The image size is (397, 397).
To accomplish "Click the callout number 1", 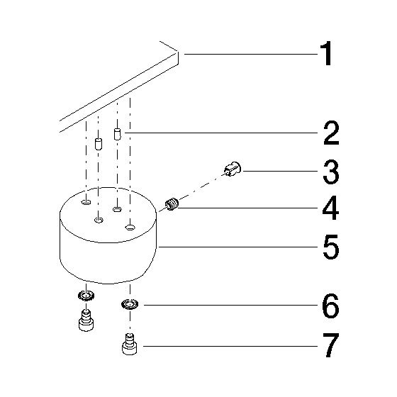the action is [x=326, y=53].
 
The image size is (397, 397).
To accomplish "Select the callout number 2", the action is [x=331, y=133].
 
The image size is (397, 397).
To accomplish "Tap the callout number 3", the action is [x=331, y=172].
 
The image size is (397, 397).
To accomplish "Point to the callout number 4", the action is [x=330, y=208].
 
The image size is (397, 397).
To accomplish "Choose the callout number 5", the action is [x=331, y=247].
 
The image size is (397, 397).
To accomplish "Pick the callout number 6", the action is [x=330, y=306].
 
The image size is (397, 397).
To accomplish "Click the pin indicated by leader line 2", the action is [x=117, y=134].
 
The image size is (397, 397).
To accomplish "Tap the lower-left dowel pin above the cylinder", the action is [x=99, y=144].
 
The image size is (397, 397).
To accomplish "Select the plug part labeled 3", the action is [x=233, y=169].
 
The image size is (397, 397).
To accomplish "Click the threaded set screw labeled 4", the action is [x=172, y=204].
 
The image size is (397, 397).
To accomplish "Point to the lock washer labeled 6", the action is [x=130, y=304].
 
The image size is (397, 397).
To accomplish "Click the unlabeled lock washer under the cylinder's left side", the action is [x=86, y=296].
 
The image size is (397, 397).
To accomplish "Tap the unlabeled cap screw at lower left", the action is [x=86, y=320].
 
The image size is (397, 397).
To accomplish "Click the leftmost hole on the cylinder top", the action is [x=86, y=202].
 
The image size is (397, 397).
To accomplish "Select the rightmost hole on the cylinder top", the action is [x=130, y=227].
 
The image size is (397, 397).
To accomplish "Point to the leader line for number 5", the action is [x=237, y=247].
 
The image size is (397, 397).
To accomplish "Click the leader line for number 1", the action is [x=251, y=54].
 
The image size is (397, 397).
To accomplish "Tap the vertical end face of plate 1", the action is [x=177, y=57].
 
